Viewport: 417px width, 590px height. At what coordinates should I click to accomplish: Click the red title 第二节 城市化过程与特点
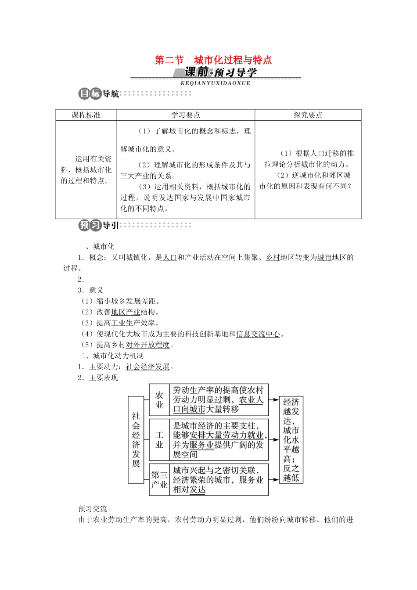pyautogui.click(x=213, y=60)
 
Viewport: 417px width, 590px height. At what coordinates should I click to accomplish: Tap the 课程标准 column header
pyautogui.click(x=86, y=115)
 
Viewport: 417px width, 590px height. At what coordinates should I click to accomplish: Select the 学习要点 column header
pyautogui.click(x=185, y=115)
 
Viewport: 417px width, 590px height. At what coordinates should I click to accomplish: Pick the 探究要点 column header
pyautogui.click(x=308, y=115)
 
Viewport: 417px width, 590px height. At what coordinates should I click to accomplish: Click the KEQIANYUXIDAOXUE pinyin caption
pyautogui.click(x=215, y=83)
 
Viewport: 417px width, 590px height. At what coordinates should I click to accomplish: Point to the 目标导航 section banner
pyautogui.click(x=99, y=94)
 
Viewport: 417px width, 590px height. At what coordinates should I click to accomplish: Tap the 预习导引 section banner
pyautogui.click(x=99, y=226)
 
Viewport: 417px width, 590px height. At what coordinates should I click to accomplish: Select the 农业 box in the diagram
pyautogui.click(x=159, y=400)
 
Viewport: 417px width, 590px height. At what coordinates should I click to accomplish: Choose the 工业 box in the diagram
pyautogui.click(x=159, y=439)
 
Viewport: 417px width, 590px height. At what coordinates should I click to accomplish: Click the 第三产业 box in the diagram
pyautogui.click(x=159, y=479)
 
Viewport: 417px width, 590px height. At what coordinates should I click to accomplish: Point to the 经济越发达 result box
pyautogui.click(x=291, y=439)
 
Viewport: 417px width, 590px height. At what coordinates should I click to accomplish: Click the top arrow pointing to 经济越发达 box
pyautogui.click(x=274, y=400)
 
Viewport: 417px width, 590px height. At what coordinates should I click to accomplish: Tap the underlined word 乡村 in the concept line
pyautogui.click(x=273, y=258)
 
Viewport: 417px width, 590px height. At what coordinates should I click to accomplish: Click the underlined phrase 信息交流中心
pyautogui.click(x=258, y=334)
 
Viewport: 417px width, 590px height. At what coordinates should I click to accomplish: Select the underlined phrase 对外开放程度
pyautogui.click(x=148, y=345)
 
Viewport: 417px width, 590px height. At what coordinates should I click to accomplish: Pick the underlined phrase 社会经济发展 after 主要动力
pyautogui.click(x=148, y=367)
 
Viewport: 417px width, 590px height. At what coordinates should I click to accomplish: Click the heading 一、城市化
pyautogui.click(x=96, y=247)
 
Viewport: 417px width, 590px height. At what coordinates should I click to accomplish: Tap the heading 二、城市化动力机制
pyautogui.click(x=111, y=356)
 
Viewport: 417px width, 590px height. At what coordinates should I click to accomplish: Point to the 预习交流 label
pyautogui.click(x=93, y=509)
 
